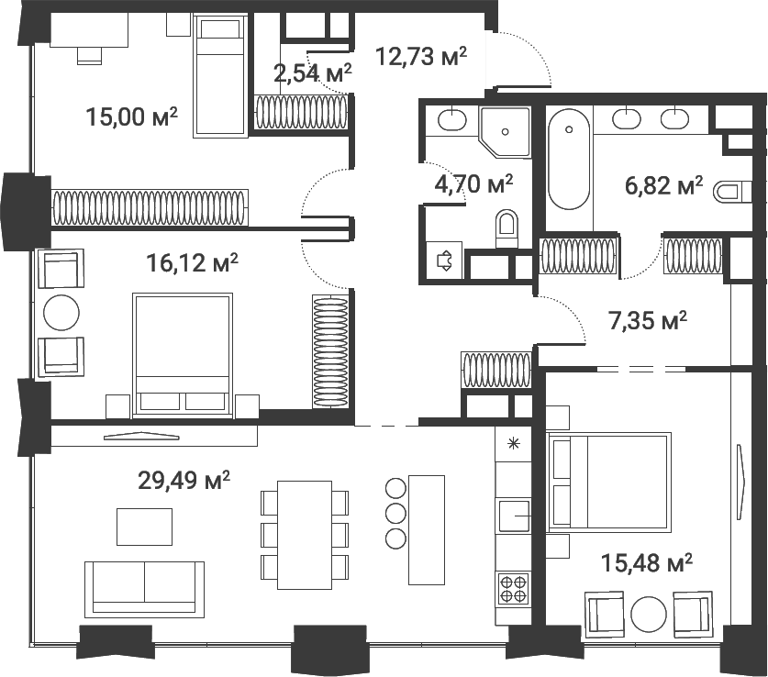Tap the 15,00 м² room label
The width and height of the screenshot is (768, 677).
click(131, 117)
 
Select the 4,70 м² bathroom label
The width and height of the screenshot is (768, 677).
click(473, 185)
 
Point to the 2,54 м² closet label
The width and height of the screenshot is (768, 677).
click(313, 73)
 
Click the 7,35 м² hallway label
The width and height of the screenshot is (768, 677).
click(649, 321)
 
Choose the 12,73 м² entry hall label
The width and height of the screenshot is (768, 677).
click(421, 57)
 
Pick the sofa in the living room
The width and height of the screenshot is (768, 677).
click(144, 587)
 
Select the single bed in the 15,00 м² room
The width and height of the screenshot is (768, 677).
click(220, 77)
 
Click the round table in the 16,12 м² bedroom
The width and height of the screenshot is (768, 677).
click(62, 312)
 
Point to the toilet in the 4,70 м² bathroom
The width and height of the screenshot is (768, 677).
click(506, 227)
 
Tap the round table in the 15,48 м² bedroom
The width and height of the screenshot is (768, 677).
click(649, 614)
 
